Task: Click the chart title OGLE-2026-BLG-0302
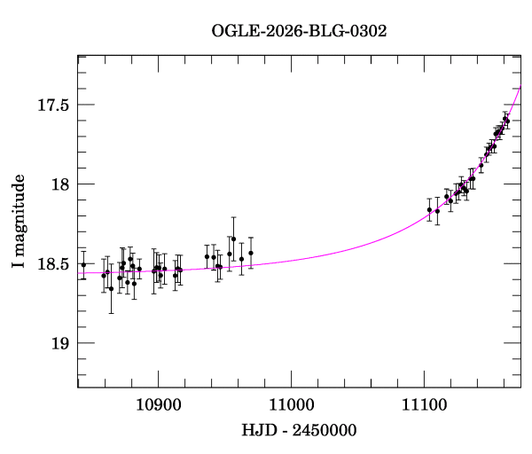point(299,31)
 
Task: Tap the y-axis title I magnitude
point(18,221)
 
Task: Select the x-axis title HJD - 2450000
point(299,430)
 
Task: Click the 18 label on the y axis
point(60,184)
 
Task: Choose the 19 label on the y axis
point(60,343)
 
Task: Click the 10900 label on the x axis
point(159,405)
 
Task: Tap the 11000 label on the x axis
point(292,405)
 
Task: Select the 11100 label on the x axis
point(425,405)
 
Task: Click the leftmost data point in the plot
point(83,264)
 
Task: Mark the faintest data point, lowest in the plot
point(111,289)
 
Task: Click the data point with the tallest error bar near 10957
point(233,239)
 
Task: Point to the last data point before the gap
point(251,253)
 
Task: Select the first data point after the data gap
point(429,209)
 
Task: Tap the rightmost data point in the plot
point(507,121)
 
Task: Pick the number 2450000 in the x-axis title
point(325,430)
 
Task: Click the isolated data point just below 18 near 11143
point(481,165)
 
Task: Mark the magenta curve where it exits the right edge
point(520,85)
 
